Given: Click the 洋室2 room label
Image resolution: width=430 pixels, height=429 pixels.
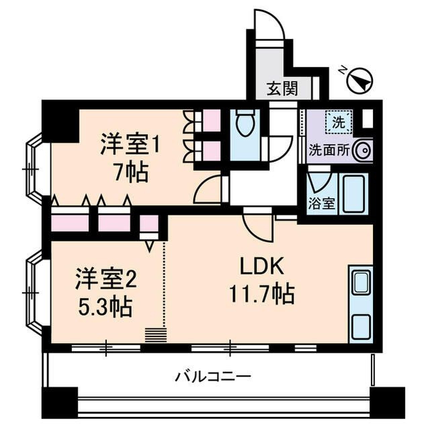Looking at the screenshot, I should tap(105, 277).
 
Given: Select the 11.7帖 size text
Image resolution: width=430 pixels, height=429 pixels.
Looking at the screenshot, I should tap(263, 294).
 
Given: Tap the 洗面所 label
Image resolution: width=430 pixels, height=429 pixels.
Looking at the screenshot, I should tap(329, 151).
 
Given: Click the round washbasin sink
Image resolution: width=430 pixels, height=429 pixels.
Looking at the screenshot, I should tap(362, 151).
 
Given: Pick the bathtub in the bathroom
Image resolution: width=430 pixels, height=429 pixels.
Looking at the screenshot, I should tap(352, 194).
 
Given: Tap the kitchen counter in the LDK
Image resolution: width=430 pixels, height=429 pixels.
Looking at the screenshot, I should tap(360, 304).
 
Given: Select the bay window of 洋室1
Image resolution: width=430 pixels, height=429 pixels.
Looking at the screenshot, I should tap(34, 169).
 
